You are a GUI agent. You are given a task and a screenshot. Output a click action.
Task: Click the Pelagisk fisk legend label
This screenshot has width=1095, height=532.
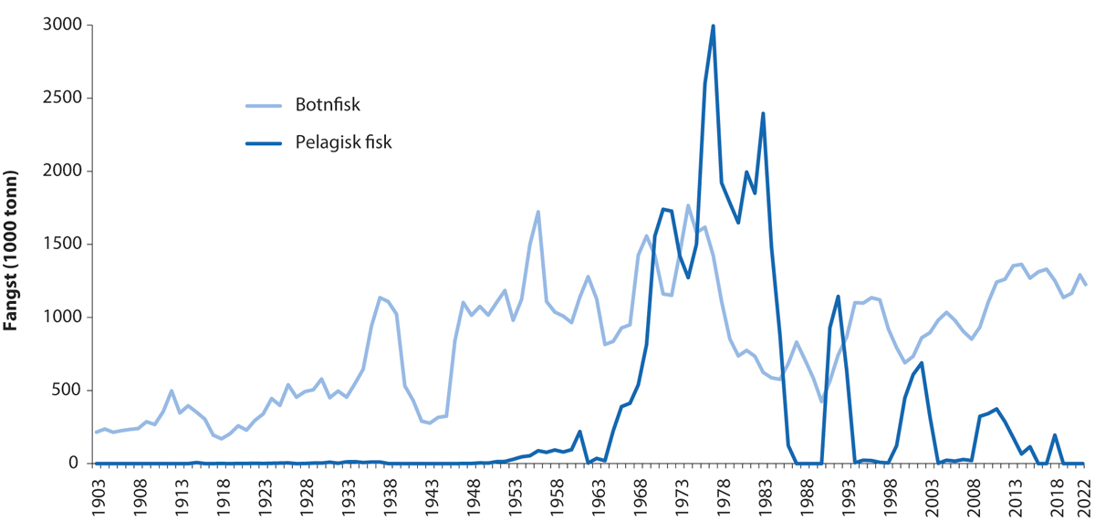343,141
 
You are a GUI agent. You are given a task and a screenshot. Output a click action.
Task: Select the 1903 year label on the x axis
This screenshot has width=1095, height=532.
98,496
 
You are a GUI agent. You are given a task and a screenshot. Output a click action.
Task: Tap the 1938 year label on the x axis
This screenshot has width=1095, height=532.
389,496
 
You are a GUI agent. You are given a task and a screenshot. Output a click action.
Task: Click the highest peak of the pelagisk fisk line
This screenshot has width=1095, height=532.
713,26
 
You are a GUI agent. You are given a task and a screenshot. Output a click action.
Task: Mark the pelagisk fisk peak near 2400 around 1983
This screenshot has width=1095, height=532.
763,113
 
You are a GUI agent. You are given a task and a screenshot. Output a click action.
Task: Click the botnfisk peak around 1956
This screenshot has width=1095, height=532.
538,212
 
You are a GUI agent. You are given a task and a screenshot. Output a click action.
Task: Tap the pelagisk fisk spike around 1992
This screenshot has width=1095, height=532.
838,297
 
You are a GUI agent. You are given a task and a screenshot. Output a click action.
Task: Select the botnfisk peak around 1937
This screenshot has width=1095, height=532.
381,297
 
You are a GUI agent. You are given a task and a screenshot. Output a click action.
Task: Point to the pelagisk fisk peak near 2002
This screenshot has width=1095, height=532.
922,363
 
